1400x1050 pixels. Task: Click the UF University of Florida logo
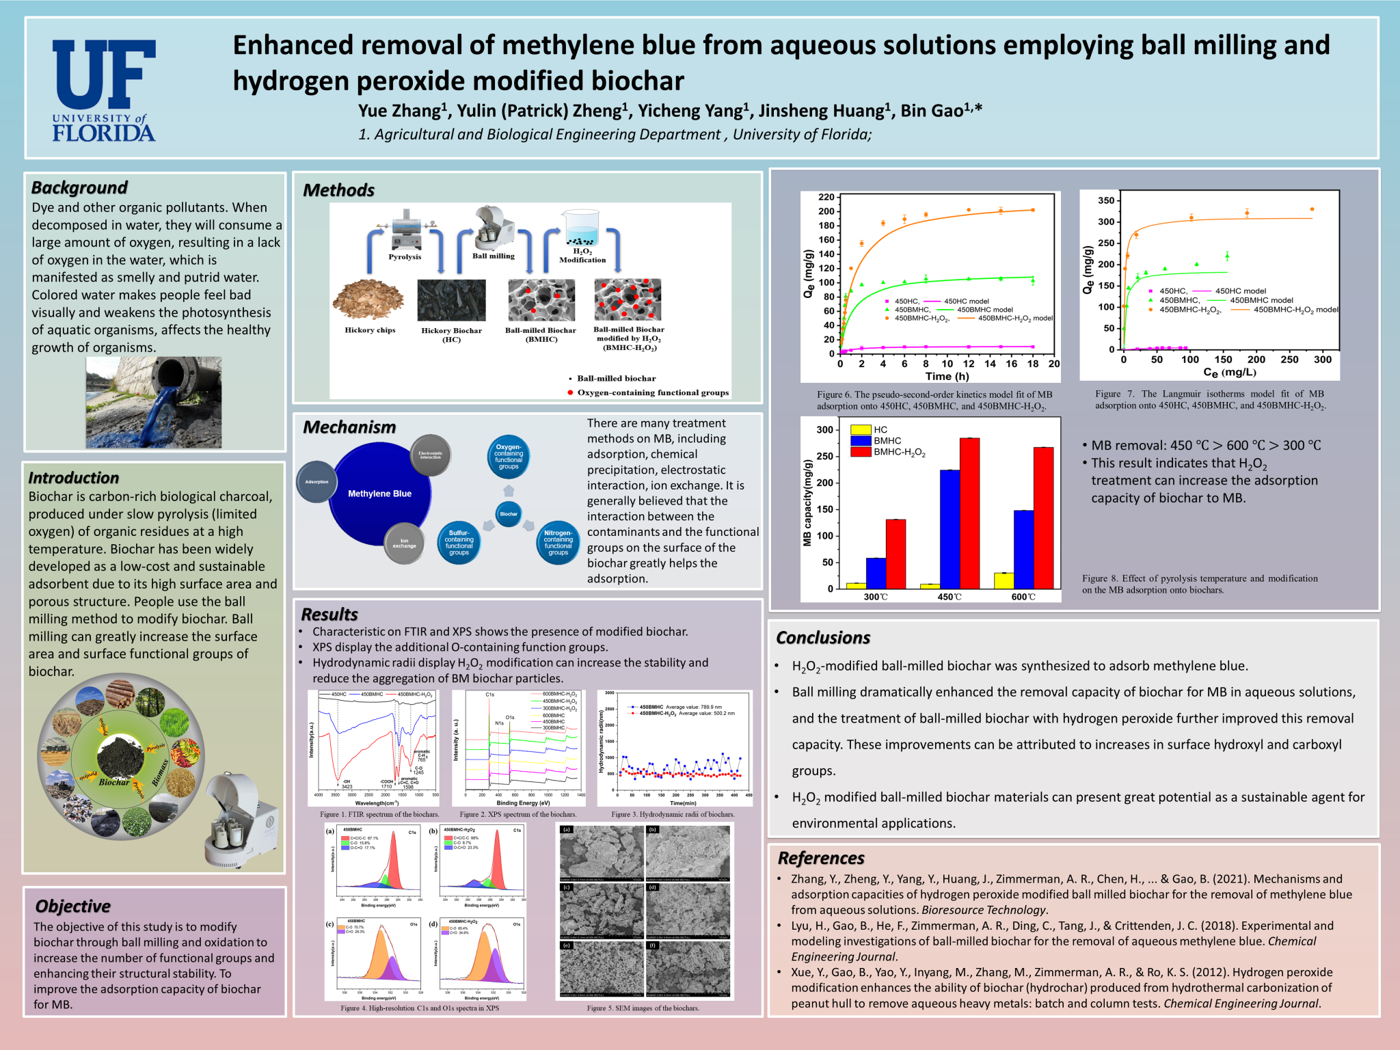point(104,90)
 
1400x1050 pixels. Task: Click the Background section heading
point(79,187)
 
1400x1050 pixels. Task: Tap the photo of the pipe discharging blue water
point(154,402)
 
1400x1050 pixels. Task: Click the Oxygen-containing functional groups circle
point(509,457)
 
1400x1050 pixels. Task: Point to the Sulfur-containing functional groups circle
point(459,543)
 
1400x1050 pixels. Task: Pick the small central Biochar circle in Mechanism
point(509,513)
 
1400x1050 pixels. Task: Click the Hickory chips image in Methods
point(368,299)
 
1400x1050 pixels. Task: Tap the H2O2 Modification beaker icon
point(581,228)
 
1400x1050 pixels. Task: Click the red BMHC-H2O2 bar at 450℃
point(969,513)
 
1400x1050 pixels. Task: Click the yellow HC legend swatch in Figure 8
point(861,430)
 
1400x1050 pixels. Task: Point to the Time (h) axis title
point(947,377)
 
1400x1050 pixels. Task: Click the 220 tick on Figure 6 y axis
point(826,198)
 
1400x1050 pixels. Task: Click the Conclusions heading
point(822,638)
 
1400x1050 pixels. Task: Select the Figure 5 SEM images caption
point(643,1008)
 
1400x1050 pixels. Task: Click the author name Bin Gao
point(941,111)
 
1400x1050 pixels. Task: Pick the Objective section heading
point(72,906)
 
